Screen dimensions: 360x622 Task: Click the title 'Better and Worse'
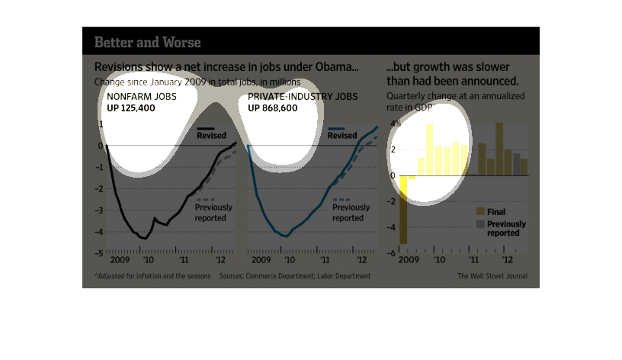pyautogui.click(x=148, y=42)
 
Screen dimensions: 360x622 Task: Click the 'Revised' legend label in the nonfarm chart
pyautogui.click(x=211, y=136)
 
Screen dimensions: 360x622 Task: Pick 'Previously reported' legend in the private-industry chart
pyautogui.click(x=351, y=212)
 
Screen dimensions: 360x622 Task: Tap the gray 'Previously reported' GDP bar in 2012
pyautogui.click(x=517, y=164)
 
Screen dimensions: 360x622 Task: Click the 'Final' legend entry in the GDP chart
pyautogui.click(x=495, y=211)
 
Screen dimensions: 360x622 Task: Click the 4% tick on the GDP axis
pyautogui.click(x=394, y=124)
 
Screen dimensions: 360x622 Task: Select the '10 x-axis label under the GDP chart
pyautogui.click(x=439, y=260)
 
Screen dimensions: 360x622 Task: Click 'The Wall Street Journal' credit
pyautogui.click(x=492, y=276)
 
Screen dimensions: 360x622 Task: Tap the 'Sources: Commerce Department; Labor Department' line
pyautogui.click(x=295, y=276)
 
